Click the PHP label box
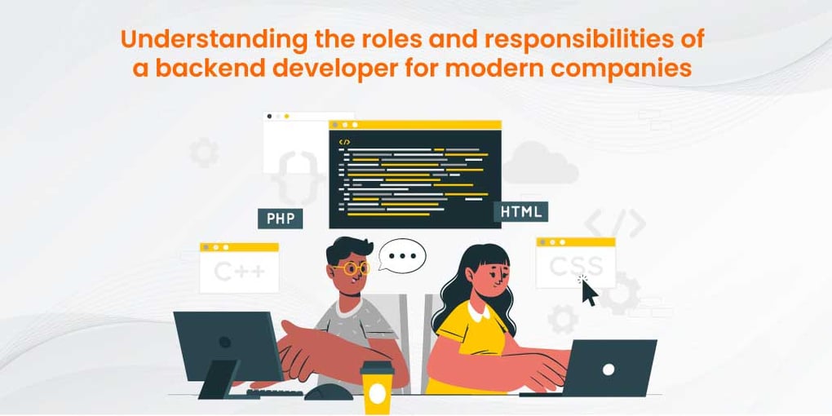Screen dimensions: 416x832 (280, 219)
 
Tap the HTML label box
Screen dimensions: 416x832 (520, 212)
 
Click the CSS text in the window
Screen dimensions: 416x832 (576, 266)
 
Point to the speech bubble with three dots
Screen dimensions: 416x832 (402, 255)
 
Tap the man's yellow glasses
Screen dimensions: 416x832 (352, 268)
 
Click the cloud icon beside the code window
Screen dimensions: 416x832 (539, 163)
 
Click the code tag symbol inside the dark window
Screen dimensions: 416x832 (345, 141)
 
